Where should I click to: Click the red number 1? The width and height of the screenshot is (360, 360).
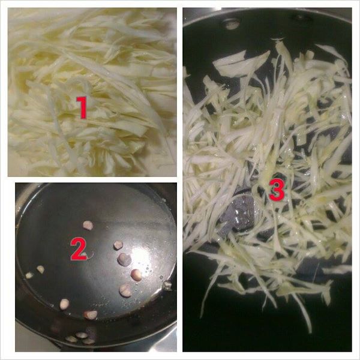[82, 108]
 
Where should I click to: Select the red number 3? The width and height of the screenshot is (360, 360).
[276, 190]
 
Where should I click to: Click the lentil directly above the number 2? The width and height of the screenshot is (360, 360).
[88, 225]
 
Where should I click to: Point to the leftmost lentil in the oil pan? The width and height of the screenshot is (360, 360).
[29, 275]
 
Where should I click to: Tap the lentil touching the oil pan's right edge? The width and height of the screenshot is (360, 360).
[167, 286]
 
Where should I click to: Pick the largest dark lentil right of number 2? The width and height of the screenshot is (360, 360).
[124, 259]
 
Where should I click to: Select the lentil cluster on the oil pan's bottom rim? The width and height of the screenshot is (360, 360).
[80, 338]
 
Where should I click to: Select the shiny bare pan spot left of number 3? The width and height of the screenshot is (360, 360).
[243, 213]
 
